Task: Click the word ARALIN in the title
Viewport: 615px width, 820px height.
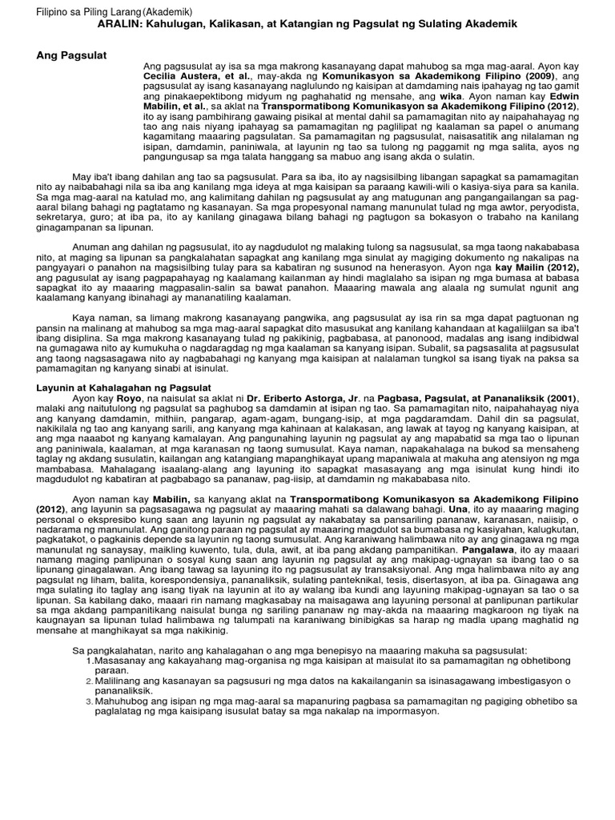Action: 119,25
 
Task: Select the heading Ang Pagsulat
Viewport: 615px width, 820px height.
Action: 72,54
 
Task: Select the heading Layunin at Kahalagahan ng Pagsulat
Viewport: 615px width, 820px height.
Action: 124,388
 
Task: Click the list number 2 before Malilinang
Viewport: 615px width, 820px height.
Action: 89,681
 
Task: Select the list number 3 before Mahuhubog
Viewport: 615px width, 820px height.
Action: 89,701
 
